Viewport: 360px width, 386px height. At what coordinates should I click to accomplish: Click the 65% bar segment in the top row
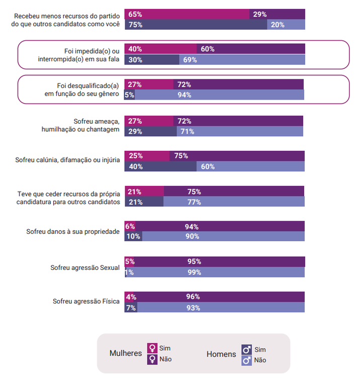coord(187,15)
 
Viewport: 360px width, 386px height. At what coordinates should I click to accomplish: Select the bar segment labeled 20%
coord(286,25)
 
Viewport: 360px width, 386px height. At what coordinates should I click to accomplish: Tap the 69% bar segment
coord(242,60)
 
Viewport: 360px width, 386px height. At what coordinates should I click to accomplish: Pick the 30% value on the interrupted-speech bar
coord(152,60)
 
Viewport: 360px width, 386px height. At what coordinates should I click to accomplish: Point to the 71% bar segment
coord(240,132)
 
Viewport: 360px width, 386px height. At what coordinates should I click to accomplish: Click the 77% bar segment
coord(234,202)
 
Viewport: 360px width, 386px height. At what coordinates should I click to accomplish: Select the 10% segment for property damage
coord(134,236)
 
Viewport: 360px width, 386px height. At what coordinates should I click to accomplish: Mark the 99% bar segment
coord(215,272)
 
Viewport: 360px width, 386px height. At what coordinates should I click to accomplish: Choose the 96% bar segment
coord(220,297)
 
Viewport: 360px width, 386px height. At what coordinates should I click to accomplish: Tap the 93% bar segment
coord(221,308)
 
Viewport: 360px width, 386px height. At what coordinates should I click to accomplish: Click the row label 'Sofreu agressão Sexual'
coord(85,268)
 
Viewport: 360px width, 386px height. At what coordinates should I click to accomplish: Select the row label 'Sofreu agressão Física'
coord(86,302)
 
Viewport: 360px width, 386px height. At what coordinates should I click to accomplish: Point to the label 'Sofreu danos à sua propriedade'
coord(73,232)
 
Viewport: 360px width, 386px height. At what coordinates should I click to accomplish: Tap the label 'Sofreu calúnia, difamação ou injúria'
coord(67,160)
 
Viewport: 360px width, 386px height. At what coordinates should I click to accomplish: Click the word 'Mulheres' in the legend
coord(126,353)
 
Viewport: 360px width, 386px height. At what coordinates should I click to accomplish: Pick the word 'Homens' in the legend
coord(221,354)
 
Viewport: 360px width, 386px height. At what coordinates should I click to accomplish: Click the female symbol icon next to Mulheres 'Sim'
coord(152,348)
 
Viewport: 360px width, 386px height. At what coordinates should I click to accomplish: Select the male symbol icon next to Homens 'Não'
coord(247,360)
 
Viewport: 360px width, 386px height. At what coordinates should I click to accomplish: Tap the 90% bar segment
coord(223,236)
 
